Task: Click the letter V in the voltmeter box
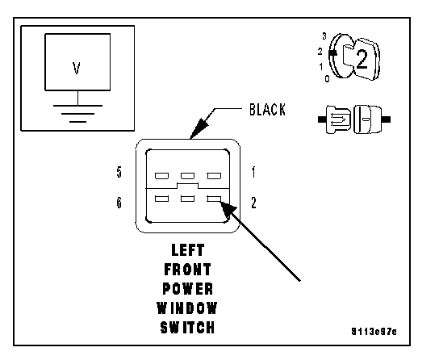77,68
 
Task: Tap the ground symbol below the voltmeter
77,113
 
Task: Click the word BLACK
267,110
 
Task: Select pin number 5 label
119,172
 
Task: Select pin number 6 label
119,203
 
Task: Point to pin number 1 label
253,172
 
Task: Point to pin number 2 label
253,203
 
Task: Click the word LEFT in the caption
188,250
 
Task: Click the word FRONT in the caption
187,270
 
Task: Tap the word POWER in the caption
187,289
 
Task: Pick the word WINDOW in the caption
187,308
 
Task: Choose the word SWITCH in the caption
187,328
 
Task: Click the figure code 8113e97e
374,332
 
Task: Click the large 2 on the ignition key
362,60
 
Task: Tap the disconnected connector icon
354,119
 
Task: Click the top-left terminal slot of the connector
162,176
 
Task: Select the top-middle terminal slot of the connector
187,176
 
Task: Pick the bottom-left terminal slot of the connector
162,199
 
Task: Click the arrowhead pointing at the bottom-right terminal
228,209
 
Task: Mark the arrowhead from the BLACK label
199,128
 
